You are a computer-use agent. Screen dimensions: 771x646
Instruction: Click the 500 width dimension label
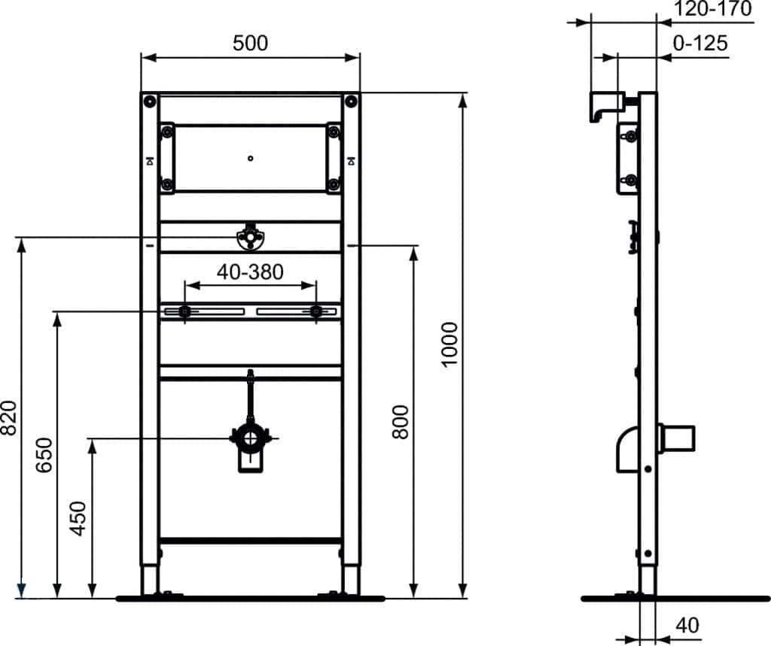[250, 43]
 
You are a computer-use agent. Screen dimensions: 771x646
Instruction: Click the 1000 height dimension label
[449, 344]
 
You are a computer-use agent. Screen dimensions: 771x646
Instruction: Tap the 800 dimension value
[401, 422]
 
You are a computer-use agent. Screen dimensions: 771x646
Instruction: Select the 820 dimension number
[8, 418]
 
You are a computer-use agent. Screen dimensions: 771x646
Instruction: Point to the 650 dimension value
[44, 455]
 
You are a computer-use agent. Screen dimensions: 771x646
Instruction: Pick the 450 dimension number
[78, 519]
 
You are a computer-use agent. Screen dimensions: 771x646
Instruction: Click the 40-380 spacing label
[250, 271]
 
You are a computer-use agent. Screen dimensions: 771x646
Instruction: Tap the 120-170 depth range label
[712, 8]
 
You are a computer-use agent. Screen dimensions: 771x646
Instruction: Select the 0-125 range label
[700, 44]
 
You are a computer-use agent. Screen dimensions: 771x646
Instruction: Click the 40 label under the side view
[687, 626]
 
